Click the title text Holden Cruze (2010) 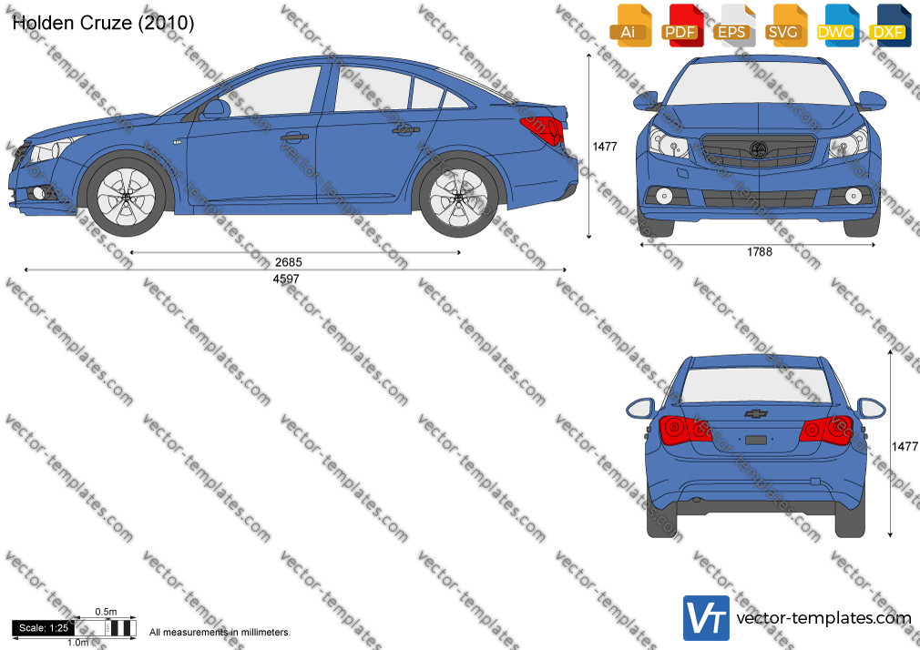click(103, 23)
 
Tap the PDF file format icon click(681, 25)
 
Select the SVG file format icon click(785, 25)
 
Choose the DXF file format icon click(890, 25)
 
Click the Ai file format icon click(630, 25)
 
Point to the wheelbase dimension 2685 click(288, 262)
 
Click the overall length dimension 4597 click(286, 279)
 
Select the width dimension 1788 click(760, 251)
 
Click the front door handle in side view click(294, 137)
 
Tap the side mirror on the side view click(214, 110)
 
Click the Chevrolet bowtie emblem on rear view click(756, 413)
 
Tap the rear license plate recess click(756, 440)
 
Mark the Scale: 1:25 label click(44, 628)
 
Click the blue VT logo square click(707, 618)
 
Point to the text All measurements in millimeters click(220, 633)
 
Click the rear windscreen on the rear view click(757, 385)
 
